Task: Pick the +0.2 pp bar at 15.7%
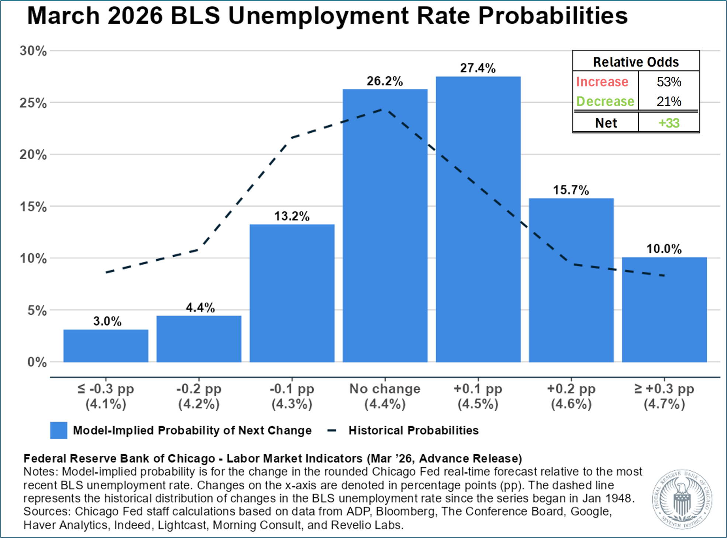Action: (571, 280)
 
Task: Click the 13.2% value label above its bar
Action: (292, 216)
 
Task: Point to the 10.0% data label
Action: (664, 249)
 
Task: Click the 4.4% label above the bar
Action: (200, 308)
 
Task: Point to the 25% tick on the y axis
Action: (33, 103)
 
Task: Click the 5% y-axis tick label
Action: (37, 311)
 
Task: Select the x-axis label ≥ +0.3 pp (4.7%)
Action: (664, 396)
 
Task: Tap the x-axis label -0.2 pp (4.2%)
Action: (199, 396)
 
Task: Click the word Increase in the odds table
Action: (602, 82)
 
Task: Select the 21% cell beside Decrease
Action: (669, 101)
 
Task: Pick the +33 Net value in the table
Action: (669, 123)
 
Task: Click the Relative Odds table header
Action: (635, 62)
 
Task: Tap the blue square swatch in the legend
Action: (59, 430)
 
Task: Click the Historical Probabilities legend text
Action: (413, 430)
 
